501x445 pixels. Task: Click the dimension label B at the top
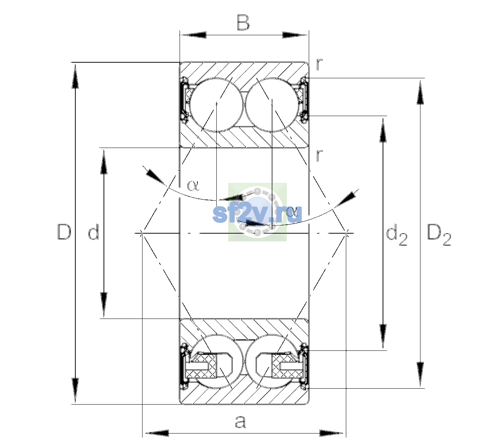pos(243,23)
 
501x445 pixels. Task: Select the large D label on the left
pos(64,232)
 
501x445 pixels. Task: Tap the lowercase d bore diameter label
pos(94,232)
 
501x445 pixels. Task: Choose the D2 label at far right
pos(439,234)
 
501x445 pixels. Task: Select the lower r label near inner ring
pos(319,155)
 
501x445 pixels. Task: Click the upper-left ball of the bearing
pos(216,105)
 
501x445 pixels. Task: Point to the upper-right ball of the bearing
pos(272,105)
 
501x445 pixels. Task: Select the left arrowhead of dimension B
pos(193,35)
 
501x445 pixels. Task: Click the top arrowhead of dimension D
pos(75,75)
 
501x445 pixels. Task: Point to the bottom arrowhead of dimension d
pos(104,305)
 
